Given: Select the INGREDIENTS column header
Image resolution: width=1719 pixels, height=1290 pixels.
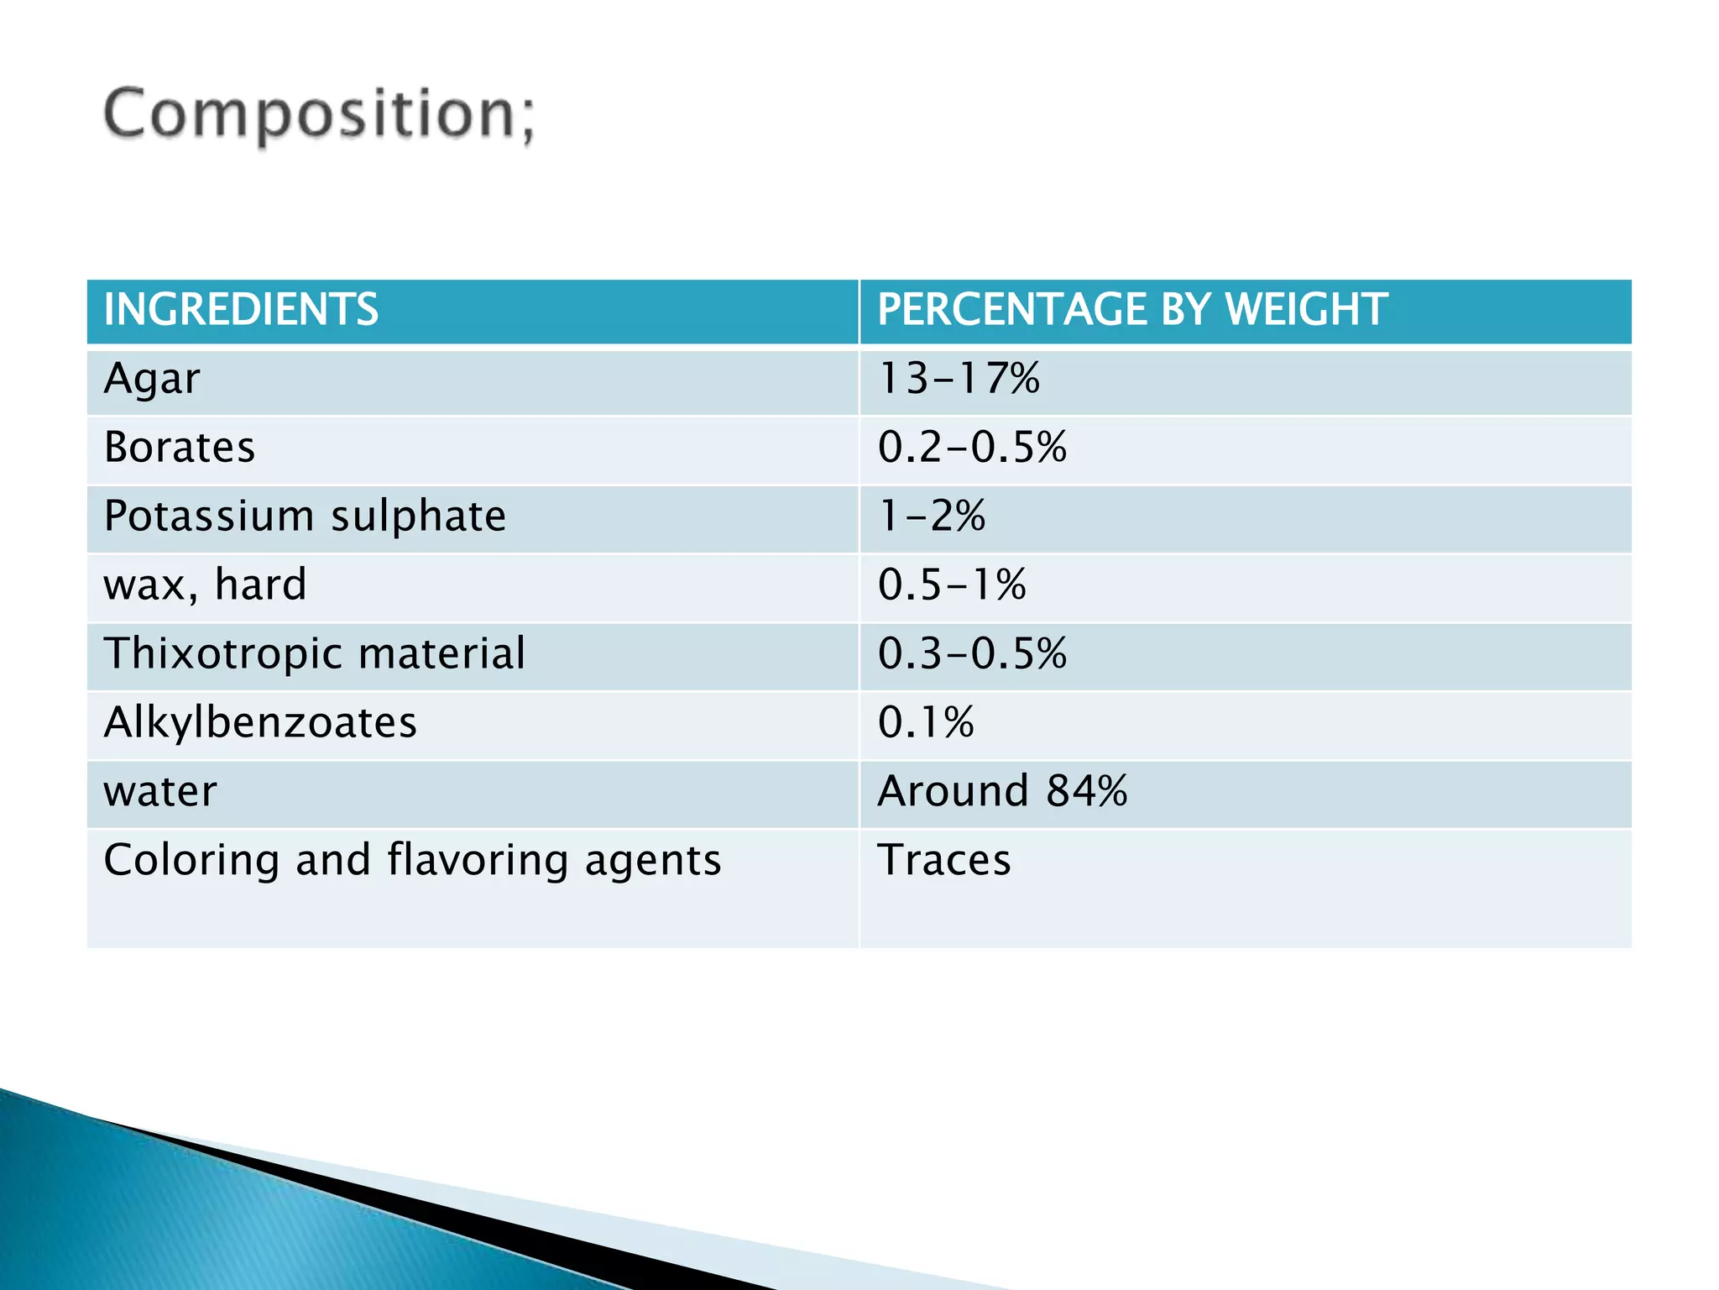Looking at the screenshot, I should tap(241, 309).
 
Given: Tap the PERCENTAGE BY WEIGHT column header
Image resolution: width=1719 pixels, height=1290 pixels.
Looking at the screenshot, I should tap(1131, 309).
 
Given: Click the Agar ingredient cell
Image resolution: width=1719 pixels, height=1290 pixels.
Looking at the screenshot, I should tap(152, 379).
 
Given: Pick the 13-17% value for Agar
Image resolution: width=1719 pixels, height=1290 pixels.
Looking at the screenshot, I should tap(959, 379).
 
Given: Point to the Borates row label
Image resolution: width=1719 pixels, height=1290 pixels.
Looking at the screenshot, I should tap(179, 448).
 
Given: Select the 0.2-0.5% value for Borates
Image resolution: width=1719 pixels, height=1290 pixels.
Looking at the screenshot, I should tap(972, 448).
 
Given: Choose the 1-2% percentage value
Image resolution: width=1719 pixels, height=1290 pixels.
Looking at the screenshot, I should tap(932, 517).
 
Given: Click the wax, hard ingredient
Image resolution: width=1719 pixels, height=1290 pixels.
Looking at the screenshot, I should tap(205, 585).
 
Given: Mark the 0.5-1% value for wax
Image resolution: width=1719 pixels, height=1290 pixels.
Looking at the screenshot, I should tap(952, 585).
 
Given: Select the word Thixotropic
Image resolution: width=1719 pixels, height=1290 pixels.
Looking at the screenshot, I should tap(223, 655).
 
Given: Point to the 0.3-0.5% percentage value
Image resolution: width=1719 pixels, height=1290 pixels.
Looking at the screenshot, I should tap(972, 654).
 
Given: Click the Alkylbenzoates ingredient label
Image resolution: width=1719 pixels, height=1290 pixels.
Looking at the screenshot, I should tap(260, 723).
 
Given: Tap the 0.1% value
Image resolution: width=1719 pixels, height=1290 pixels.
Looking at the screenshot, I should tap(926, 723).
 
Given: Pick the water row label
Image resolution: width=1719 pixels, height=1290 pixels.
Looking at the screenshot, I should tap(160, 792).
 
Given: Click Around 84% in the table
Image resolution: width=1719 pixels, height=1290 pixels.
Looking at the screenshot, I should tap(1002, 792).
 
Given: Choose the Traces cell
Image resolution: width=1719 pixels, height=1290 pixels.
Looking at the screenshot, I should tap(944, 861).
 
